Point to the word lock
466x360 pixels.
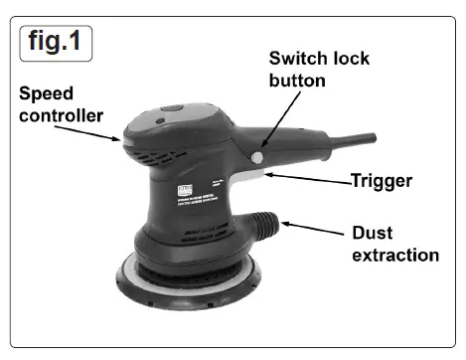coord(350,59)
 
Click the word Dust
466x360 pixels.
coord(376,234)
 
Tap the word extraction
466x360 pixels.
coord(395,256)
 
